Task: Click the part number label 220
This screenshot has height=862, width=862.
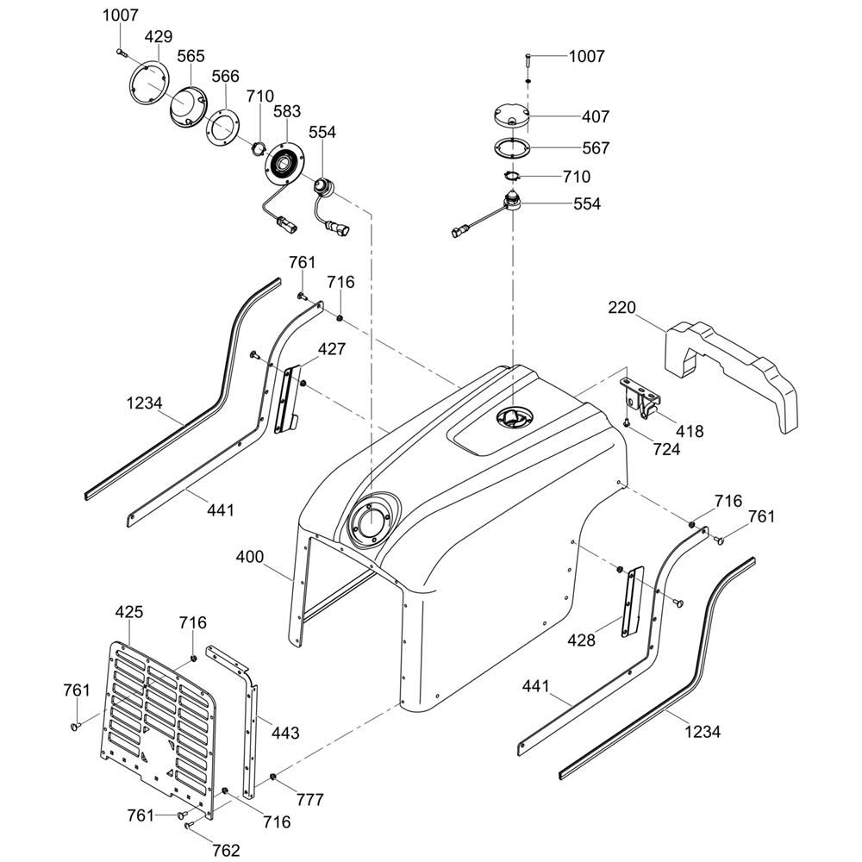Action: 622,308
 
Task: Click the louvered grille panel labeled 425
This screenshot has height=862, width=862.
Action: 159,715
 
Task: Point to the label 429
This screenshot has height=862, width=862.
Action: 158,37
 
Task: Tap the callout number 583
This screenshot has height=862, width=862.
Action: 287,112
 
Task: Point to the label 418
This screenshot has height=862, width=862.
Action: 690,431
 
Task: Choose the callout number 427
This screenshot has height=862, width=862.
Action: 332,349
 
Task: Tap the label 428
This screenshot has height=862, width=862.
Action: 582,640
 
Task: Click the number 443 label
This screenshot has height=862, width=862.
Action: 285,733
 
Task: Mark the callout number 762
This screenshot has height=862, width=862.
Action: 226,851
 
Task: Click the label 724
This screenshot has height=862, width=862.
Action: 666,448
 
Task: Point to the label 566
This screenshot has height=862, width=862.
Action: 225,76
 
